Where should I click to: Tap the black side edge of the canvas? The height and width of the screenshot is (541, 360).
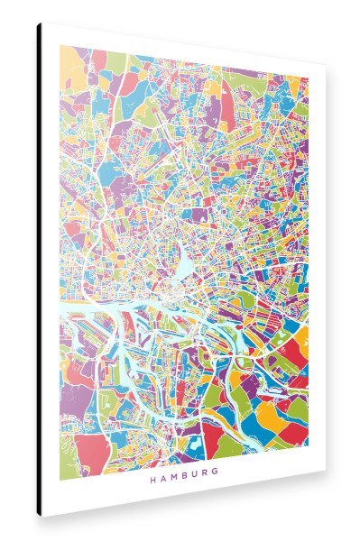[x=39, y=270]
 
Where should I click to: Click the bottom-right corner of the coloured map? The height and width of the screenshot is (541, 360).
[x=309, y=451]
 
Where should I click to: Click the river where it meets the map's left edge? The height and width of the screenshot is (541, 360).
[x=61, y=311]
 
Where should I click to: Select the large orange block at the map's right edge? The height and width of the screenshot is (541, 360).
[x=300, y=343]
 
